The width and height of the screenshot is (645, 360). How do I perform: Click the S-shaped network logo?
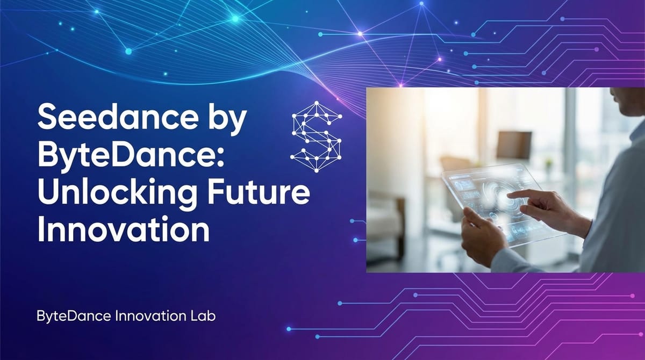coord(316,136)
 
